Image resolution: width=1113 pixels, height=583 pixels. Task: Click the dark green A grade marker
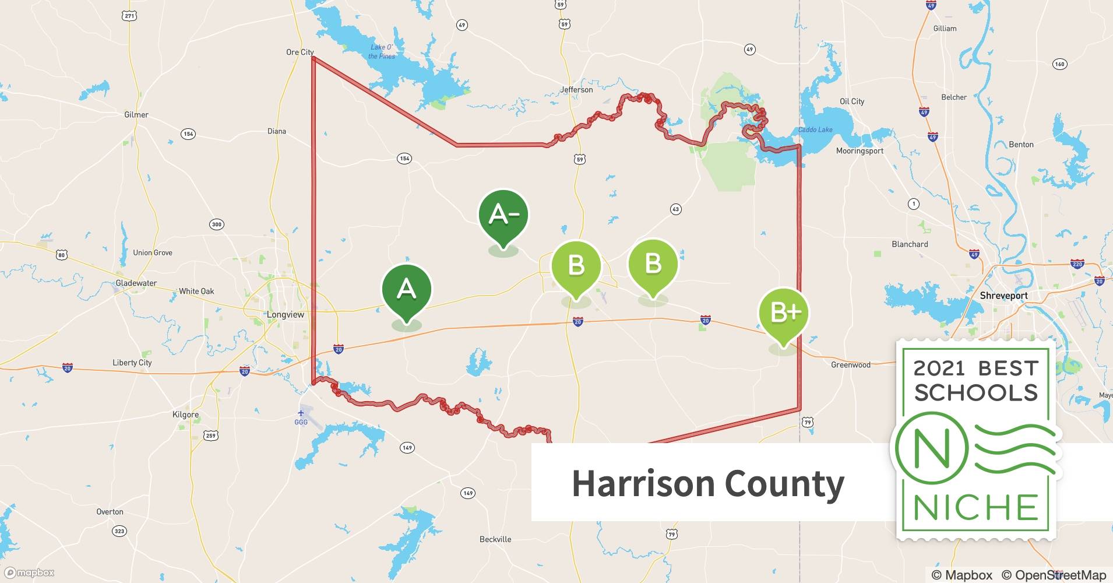coord(406,290)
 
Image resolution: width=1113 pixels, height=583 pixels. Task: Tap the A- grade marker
coord(503,215)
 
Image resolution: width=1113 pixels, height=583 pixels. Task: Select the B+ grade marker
coord(784,313)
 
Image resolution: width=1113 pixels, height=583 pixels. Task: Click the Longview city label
coord(286,314)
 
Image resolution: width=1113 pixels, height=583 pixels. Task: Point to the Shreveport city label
coord(1003,296)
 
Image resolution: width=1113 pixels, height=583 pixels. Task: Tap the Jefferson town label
coord(576,90)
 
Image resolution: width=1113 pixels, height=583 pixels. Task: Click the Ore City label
coord(300,52)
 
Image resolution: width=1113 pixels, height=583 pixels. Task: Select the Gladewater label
coord(136,283)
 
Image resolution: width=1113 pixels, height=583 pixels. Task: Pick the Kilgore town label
coord(185,415)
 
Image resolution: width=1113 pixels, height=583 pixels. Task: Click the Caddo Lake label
coord(815,129)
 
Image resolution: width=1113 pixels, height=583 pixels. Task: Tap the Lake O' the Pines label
coord(382,52)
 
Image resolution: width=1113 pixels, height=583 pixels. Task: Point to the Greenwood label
coord(850,365)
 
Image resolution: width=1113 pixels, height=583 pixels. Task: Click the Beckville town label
coord(495,539)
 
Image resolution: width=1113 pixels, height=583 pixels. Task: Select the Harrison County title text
coord(707,483)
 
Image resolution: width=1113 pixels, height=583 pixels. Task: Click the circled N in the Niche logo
coord(931,448)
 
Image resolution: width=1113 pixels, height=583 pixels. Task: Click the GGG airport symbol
coord(301,413)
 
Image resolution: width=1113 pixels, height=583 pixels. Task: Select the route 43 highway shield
coord(675,209)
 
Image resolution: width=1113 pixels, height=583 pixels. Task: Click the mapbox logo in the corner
coord(30,573)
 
